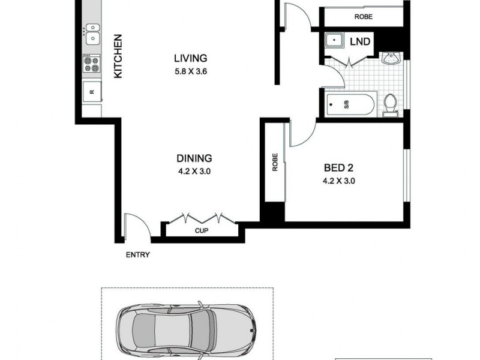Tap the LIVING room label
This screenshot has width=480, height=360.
[190, 58]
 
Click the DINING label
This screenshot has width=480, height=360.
[194, 158]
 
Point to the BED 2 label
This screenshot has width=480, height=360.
[338, 169]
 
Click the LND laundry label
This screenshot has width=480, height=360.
[361, 42]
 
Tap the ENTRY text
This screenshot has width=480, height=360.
[137, 255]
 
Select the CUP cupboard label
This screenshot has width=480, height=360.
[201, 230]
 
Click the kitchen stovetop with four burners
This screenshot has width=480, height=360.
[91, 64]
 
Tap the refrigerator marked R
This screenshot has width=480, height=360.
[92, 92]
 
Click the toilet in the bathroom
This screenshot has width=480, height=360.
[391, 105]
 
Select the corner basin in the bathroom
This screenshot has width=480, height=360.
[391, 59]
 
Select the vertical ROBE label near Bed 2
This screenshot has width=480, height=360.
[275, 163]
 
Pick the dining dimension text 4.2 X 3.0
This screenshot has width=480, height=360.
[194, 171]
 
